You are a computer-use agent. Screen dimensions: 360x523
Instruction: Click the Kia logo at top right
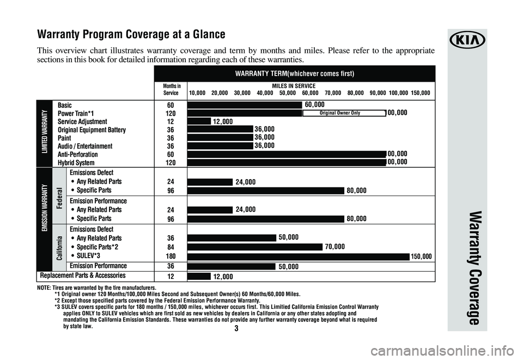[x=467, y=41]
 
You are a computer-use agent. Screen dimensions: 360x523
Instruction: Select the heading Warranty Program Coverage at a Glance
[x=131, y=35]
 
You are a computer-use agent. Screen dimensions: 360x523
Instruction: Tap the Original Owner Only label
[x=344, y=113]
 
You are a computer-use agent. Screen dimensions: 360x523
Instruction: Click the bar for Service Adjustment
[x=199, y=121]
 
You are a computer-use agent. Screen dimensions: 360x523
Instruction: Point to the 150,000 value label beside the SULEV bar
[x=422, y=256]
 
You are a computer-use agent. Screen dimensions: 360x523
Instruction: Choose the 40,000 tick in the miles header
[x=265, y=93]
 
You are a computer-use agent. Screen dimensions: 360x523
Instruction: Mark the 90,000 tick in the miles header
[x=378, y=93]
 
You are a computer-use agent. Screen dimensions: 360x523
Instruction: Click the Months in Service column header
[x=171, y=90]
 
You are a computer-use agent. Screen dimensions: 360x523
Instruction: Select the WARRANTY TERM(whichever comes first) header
[x=295, y=74]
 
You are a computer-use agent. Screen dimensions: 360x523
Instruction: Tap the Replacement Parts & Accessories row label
[x=81, y=276]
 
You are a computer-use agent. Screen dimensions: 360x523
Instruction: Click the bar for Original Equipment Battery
[x=220, y=129]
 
